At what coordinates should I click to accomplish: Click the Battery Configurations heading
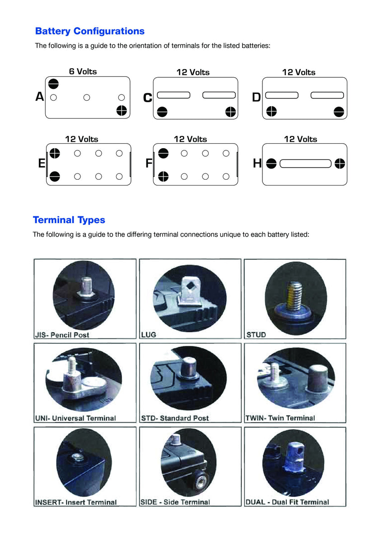89,31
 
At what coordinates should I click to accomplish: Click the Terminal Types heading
69,220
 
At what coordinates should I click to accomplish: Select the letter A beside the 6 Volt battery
40,97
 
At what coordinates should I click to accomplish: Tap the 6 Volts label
83,71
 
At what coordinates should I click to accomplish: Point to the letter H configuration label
257,164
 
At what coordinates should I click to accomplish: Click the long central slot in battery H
305,164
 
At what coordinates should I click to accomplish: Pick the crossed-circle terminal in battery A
121,110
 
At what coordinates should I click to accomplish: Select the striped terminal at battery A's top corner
53,84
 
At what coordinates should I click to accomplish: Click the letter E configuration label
42,164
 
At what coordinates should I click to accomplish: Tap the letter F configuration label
149,164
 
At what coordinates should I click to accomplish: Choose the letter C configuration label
147,98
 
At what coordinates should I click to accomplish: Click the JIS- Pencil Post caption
62,335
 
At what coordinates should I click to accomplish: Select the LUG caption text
149,335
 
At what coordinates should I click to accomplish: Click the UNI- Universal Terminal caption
75,418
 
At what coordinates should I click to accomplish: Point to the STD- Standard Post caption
175,418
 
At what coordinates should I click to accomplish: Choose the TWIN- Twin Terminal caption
280,418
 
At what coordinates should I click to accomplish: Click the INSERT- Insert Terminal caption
76,502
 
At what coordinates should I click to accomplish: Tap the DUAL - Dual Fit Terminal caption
287,502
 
